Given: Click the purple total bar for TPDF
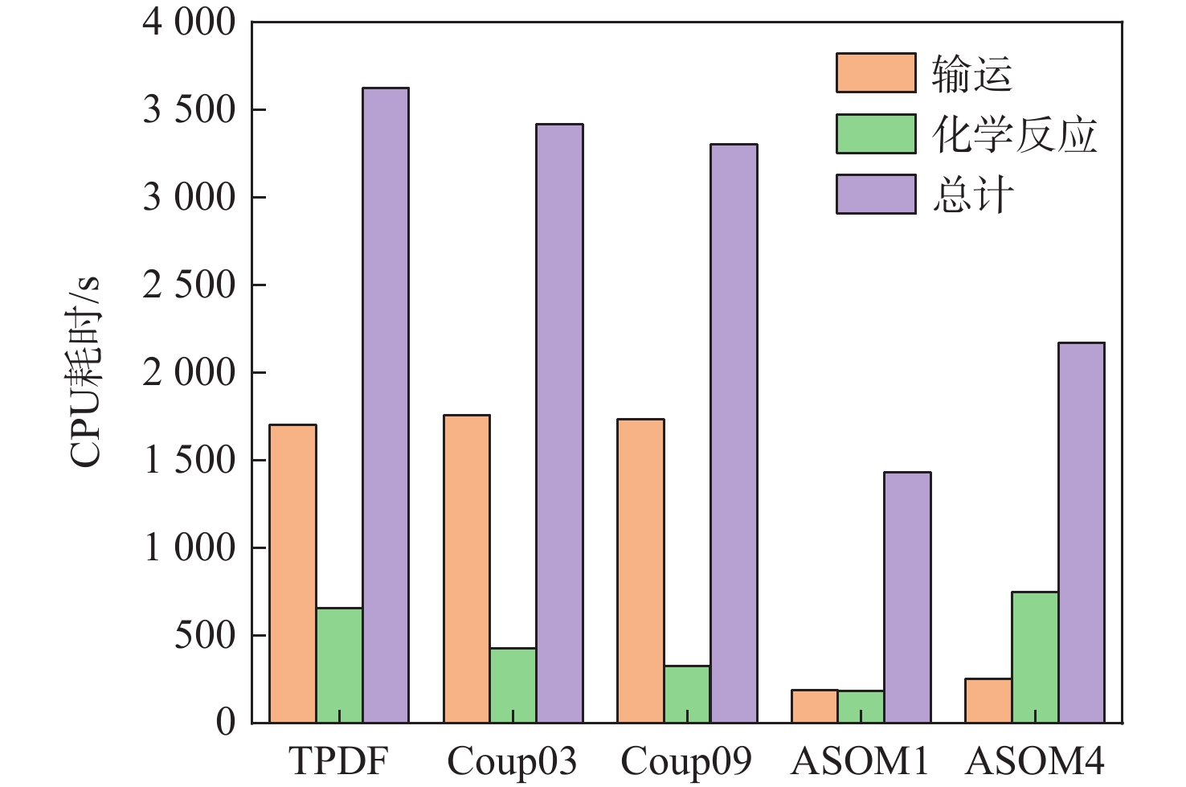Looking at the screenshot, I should coord(386,405).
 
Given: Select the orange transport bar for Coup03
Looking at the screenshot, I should coord(467,568).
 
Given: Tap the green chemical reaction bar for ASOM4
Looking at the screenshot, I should coord(1035,657).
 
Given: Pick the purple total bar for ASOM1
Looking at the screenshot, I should coord(907,597).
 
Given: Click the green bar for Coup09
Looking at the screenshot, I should coord(687,694).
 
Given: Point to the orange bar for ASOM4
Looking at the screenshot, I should coord(988,700).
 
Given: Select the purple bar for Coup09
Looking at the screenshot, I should coord(734,433).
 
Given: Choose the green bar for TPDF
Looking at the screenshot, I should coord(339,665).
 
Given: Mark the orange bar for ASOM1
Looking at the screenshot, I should coord(814,706).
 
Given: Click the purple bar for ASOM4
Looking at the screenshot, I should coord(1082,532).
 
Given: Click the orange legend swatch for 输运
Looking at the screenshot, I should coord(876,73).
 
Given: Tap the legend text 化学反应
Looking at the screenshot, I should coord(1014,134).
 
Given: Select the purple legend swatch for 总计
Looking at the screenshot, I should coord(876,195).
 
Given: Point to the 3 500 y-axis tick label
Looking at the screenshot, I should coord(190,110).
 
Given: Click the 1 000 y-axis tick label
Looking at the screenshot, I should coord(190,548).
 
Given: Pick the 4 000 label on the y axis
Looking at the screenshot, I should coord(190,23).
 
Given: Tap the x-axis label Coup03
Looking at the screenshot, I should coord(512,760).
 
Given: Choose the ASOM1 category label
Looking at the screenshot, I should coord(861,760).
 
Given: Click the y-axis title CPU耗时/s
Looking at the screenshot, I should coord(85,371).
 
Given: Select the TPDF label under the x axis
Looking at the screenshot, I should coord(338,760).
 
